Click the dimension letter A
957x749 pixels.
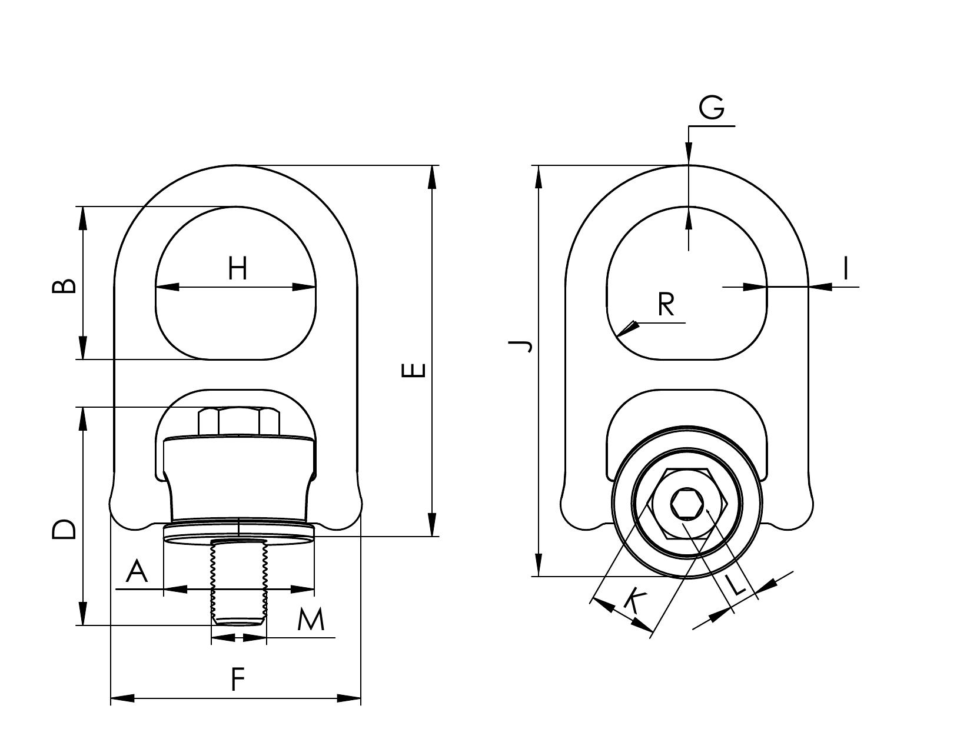[137, 571]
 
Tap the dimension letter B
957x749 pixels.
[64, 285]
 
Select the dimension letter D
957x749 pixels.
[64, 530]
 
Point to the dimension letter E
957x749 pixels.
[414, 370]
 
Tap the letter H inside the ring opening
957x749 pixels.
[237, 268]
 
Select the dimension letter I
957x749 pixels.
[846, 268]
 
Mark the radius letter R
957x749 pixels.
[666, 304]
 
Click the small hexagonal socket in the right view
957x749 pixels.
[687, 504]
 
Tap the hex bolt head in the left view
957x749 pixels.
[239, 421]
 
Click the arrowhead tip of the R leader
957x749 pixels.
[617, 337]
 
